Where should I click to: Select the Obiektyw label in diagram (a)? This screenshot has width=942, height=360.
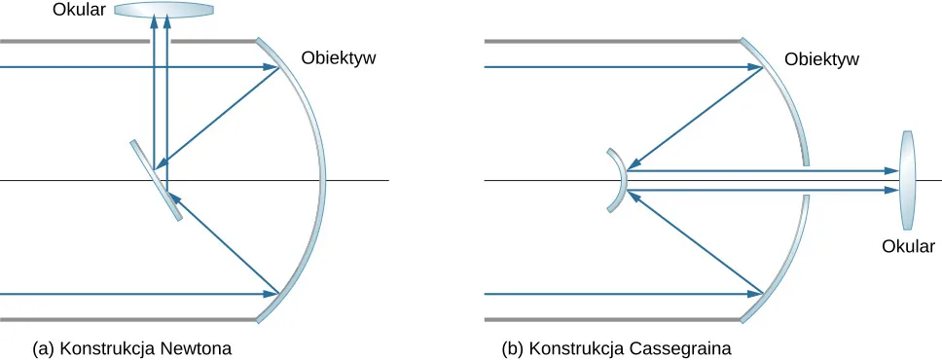click(339, 57)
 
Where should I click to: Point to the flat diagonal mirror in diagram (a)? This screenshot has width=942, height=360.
click(156, 180)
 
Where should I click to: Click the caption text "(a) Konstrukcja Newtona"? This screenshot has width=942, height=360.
click(132, 347)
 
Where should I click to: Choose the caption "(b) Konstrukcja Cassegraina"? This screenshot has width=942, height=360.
click(616, 347)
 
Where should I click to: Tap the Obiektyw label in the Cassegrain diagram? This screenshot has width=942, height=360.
click(821, 58)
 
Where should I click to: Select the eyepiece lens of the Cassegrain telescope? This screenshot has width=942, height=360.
click(908, 180)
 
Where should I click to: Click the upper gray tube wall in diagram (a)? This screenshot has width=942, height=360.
click(127, 42)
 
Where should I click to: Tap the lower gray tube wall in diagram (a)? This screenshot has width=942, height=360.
click(127, 318)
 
